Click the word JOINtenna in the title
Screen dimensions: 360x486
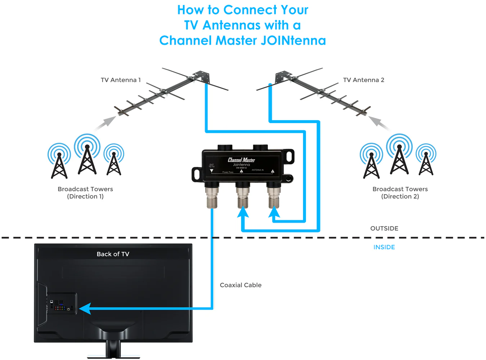click(x=293, y=41)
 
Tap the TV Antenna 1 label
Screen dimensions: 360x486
click(x=121, y=80)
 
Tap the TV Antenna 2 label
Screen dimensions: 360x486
click(x=364, y=80)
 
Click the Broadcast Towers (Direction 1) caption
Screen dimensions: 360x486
click(x=85, y=193)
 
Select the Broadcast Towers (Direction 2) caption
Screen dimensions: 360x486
click(x=400, y=193)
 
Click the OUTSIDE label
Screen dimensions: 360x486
click(x=384, y=229)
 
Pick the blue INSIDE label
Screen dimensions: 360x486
click(x=384, y=247)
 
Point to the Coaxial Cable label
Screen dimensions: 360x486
click(x=240, y=285)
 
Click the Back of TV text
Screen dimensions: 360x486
click(x=113, y=254)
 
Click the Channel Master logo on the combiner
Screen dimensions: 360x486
click(x=241, y=160)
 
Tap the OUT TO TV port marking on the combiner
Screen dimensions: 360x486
click(x=212, y=166)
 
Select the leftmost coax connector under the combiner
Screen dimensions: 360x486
click(x=212, y=196)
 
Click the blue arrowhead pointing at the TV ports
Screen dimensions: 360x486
click(x=85, y=309)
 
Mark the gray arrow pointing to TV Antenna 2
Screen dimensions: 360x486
click(x=379, y=122)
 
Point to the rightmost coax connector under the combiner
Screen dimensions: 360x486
click(x=274, y=196)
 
